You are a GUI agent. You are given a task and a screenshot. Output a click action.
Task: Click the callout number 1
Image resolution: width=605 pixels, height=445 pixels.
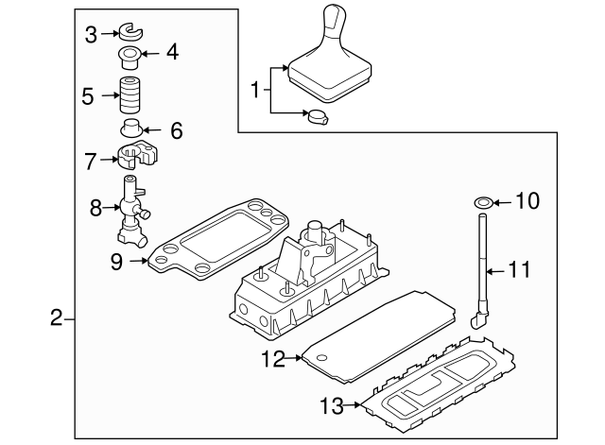point(253,91)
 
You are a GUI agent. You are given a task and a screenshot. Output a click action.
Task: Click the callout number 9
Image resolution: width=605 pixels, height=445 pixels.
point(116,261)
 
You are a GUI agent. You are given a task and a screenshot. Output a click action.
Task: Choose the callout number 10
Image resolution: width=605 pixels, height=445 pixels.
point(527,201)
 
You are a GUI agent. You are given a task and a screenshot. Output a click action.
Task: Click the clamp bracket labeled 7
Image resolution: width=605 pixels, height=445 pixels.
point(138,158)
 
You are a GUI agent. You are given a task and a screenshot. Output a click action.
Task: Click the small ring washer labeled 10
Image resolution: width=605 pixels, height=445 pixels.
point(482,201)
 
